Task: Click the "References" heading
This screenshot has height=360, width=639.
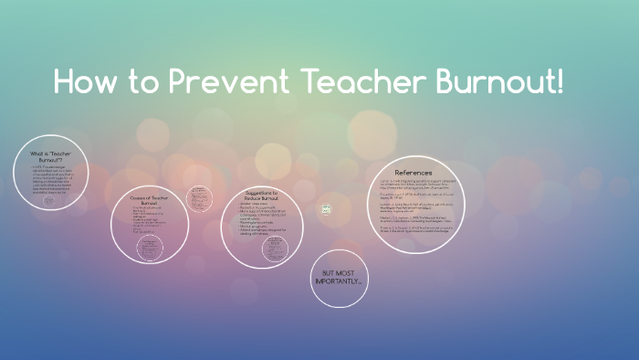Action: pos(413,173)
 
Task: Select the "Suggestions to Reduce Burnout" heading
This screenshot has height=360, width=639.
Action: pos(262,196)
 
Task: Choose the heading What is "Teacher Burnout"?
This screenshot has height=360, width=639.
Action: pos(51,156)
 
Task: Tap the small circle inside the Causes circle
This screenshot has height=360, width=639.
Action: pos(145,248)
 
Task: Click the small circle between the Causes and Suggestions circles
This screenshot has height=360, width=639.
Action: pos(197,197)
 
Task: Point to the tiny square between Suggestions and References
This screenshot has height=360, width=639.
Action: pos(325,209)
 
